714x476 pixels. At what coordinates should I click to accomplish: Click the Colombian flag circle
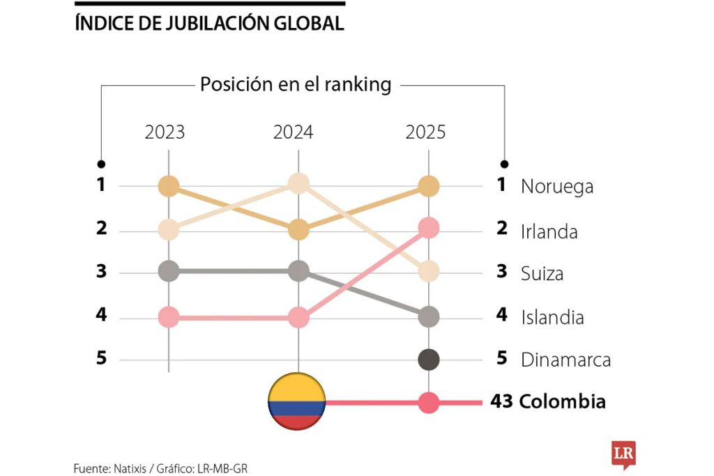296,402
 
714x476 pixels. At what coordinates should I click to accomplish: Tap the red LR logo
622,453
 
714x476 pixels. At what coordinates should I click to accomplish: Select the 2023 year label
165,132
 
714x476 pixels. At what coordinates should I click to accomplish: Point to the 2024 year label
294,132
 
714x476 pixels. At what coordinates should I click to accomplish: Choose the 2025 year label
425,132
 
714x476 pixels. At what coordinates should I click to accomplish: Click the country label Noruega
556,187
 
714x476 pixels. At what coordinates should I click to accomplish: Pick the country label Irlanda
549,231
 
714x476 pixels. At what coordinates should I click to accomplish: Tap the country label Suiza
542,273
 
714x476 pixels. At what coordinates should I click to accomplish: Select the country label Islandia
552,318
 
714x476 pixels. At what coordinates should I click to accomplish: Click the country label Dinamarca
565,360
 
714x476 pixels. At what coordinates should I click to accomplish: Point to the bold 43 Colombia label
548,402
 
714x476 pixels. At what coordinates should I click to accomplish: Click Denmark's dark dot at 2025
428,360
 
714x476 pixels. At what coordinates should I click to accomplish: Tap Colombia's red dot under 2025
428,402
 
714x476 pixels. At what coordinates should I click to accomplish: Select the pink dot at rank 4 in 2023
169,318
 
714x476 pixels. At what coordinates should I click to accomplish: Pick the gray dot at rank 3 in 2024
298,270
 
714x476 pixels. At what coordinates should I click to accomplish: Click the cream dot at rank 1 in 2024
298,184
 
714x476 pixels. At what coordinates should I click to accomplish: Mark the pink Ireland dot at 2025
428,227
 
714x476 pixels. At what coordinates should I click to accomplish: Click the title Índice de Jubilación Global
209,23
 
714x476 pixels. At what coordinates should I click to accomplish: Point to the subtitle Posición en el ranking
296,85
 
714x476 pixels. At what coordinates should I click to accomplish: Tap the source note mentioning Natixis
160,468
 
